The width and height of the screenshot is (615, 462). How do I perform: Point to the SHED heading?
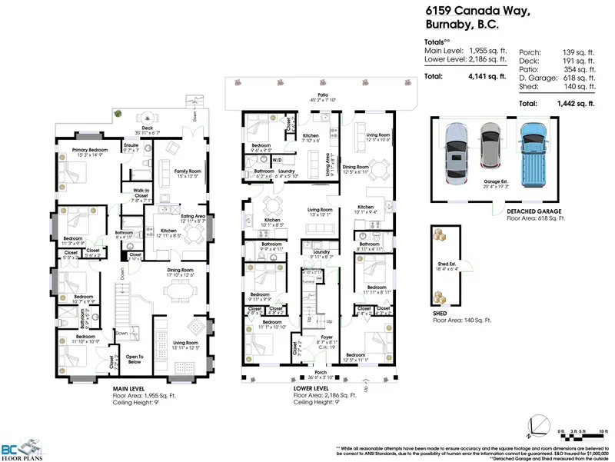pyautogui.click(x=440, y=312)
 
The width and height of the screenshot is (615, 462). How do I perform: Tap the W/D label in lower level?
pyautogui.click(x=276, y=160)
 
